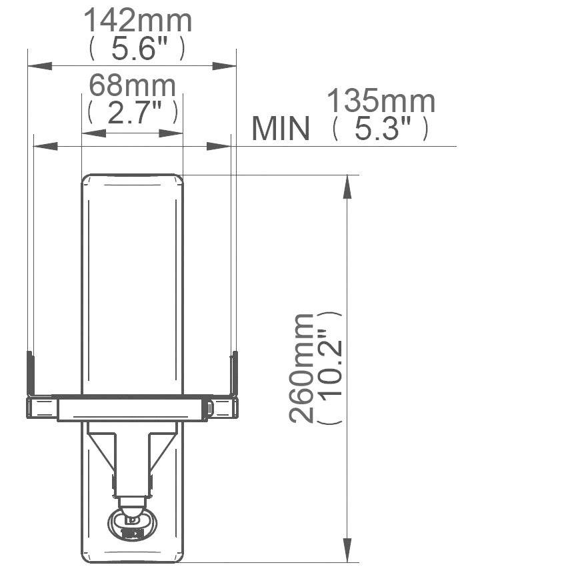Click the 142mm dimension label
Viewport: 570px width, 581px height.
(x=137, y=21)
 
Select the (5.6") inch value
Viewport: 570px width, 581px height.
(x=137, y=49)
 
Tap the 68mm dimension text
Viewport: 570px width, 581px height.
(x=133, y=86)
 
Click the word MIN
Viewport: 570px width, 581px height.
(x=281, y=129)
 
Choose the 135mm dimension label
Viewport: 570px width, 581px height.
(x=381, y=102)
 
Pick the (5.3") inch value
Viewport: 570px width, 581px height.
(x=381, y=129)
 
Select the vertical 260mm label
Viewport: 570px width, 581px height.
(x=302, y=368)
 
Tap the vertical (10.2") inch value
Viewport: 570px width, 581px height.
(x=330, y=368)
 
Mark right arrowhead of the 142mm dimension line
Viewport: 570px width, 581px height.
(x=224, y=65)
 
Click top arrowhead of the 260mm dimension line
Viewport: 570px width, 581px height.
(x=347, y=187)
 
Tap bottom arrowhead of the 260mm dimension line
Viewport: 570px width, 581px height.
(x=347, y=550)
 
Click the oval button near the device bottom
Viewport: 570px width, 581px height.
(x=132, y=524)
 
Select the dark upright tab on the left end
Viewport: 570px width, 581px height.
(x=30, y=373)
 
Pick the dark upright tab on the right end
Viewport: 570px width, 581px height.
(x=234, y=373)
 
